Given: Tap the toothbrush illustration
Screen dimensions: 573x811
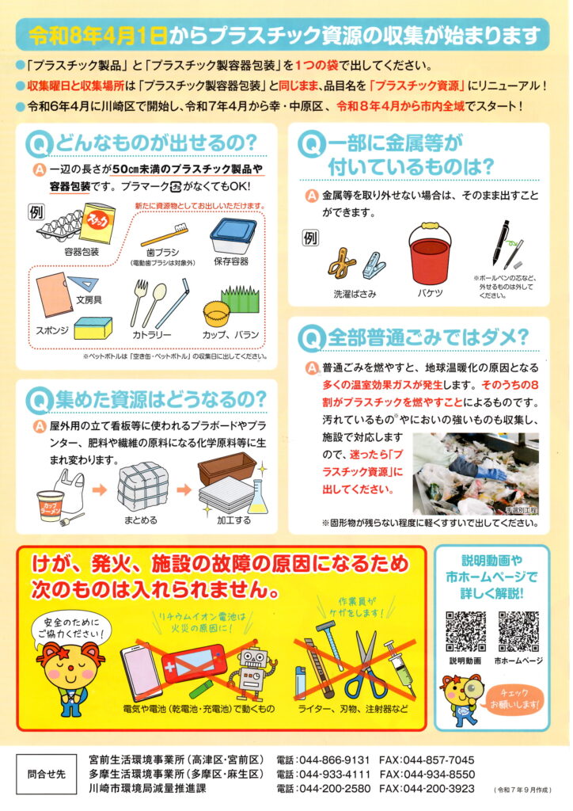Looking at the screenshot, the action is pyautogui.click(x=165, y=234).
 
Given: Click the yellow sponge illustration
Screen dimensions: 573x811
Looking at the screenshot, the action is pyautogui.click(x=93, y=328).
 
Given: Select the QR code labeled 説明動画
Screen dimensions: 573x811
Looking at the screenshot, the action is pyautogui.click(x=465, y=631).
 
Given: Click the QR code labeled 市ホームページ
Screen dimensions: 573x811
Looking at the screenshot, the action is pyautogui.click(x=518, y=631).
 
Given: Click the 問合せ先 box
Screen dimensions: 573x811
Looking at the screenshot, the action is pyautogui.click(x=47, y=775).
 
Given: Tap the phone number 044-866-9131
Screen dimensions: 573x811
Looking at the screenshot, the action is pyautogui.click(x=335, y=760).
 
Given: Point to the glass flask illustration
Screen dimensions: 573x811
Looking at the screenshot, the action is pyautogui.click(x=258, y=497).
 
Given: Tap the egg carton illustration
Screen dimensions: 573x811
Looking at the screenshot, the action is pyautogui.click(x=59, y=224).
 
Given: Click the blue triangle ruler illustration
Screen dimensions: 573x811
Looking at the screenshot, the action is pyautogui.click(x=85, y=284).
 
